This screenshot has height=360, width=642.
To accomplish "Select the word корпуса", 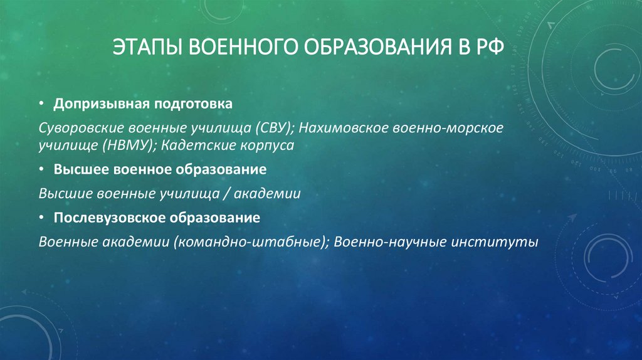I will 263,146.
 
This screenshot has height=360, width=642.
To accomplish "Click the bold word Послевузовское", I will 105,218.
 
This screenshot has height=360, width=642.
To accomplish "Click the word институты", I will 495,242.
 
